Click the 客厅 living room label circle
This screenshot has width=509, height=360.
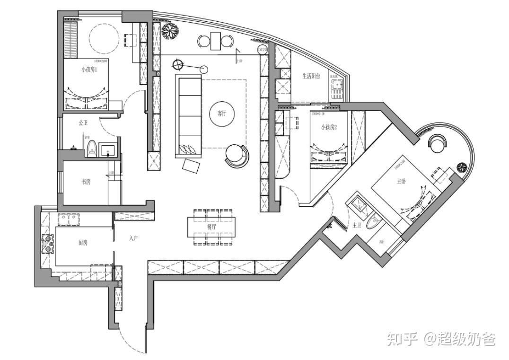[222, 114]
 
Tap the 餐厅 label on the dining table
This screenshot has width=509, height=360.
[211, 227]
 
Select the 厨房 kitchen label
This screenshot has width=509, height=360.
[83, 243]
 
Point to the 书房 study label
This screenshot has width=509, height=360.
[86, 182]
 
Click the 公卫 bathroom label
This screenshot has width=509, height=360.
[83, 123]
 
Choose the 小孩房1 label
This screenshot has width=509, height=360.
[88, 70]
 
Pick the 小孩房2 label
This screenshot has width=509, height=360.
[328, 127]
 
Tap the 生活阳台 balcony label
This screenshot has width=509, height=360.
[312, 76]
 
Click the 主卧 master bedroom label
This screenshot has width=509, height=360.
[401, 181]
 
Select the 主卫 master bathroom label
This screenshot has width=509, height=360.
[357, 226]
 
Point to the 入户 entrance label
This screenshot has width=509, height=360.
[133, 238]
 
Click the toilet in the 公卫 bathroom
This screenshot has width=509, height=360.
[92, 148]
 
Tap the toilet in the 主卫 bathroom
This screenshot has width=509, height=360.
[374, 221]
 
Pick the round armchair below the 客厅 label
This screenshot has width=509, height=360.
[237, 155]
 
